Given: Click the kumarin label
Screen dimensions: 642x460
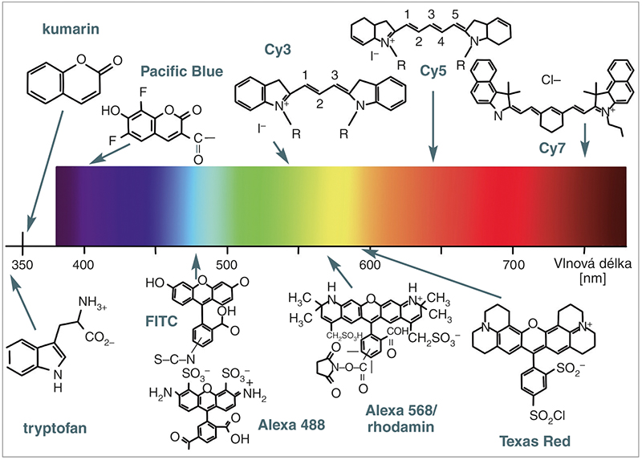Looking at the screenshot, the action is [x=71, y=29].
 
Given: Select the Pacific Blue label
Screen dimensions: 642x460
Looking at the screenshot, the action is [x=182, y=71].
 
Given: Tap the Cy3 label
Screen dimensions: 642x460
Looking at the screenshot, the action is [x=278, y=50].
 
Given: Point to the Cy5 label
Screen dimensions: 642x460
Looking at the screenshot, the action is [x=433, y=71].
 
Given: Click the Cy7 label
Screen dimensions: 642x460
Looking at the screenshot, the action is [x=552, y=149].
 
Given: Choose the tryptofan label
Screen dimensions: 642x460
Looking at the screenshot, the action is [x=55, y=429].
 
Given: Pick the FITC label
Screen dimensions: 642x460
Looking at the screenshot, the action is [x=161, y=321].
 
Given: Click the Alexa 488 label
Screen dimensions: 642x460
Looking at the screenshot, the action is [x=291, y=425].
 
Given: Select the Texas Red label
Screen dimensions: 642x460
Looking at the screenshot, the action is [x=534, y=442].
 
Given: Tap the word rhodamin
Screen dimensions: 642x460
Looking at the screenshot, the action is [x=400, y=427].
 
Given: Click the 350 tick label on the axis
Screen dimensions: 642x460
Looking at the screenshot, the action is [x=22, y=265].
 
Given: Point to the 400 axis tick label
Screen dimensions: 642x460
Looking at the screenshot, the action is [x=83, y=265].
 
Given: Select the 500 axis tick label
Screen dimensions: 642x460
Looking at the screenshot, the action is [x=226, y=265].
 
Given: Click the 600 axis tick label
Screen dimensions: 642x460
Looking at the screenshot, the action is [x=370, y=265].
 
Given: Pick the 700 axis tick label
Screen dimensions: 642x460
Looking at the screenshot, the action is [x=514, y=265].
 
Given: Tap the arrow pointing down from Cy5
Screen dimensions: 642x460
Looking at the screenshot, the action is [x=433, y=126].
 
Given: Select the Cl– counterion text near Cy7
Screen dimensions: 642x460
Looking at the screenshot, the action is [x=551, y=79].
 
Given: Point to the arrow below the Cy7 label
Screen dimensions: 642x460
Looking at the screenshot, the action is [x=585, y=140].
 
